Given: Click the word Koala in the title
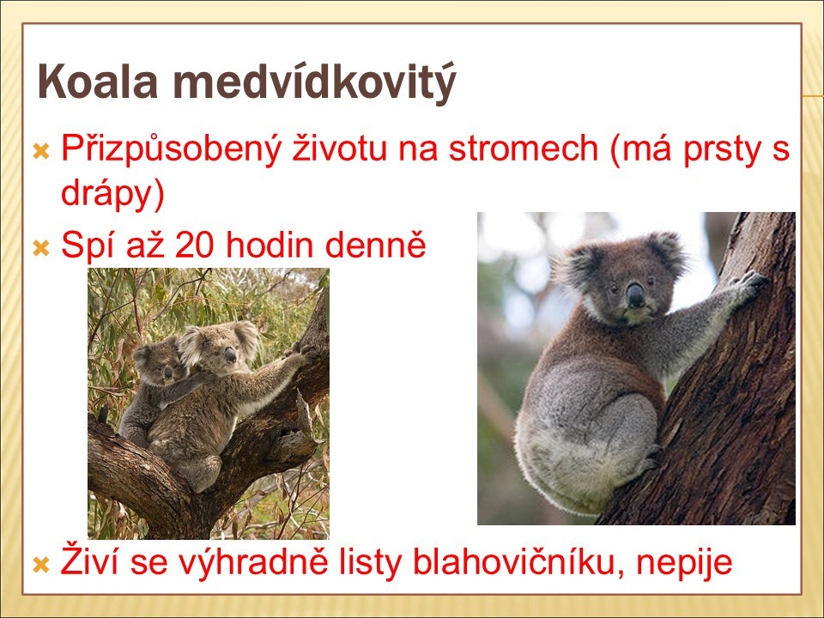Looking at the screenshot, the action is click(98, 82).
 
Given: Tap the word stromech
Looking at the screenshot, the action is click(524, 148).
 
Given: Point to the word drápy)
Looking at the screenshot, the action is click(113, 195).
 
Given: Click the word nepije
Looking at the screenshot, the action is click(685, 562).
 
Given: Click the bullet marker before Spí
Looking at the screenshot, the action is click(40, 248).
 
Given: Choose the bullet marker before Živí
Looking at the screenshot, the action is click(40, 566).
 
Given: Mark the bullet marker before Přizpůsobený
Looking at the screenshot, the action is click(40, 152).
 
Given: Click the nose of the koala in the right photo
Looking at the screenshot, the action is click(635, 294).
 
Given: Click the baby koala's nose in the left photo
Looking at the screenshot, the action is click(167, 373).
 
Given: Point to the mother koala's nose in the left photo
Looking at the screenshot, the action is click(230, 355).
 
